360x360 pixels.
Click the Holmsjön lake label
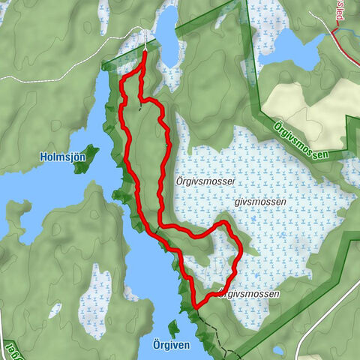61,157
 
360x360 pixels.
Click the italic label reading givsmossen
244,202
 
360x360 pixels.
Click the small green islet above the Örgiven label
174,327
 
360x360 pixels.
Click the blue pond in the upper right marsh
299,49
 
